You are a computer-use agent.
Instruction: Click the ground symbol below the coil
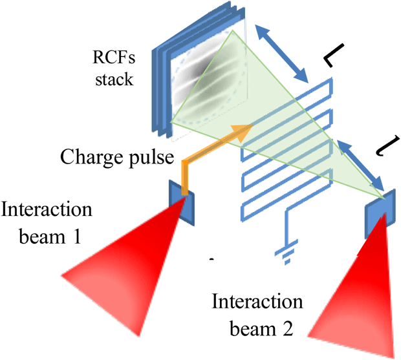click(x=287, y=252)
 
